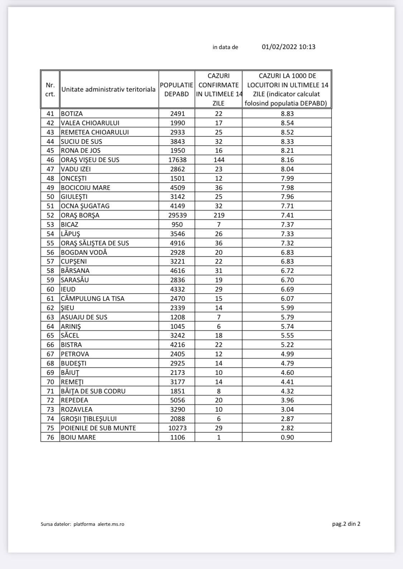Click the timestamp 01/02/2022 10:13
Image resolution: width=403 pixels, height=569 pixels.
288,47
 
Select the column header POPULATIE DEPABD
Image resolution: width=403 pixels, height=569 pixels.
177,89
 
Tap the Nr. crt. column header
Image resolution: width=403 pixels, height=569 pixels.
50,89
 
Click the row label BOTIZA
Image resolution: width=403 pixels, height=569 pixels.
72,114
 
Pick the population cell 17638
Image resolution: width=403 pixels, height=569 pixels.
177,160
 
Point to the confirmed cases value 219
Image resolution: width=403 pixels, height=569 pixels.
219,215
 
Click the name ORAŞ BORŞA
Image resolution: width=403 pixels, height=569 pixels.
80,215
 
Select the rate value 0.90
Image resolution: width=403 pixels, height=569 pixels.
287,437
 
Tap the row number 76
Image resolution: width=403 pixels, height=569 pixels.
50,437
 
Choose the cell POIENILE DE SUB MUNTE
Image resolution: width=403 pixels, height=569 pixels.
99,428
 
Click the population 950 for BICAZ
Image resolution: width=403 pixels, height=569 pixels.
177,225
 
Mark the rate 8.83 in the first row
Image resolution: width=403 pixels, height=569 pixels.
287,114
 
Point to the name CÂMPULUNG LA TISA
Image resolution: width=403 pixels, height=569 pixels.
93,299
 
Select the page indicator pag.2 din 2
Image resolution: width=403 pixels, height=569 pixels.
346,524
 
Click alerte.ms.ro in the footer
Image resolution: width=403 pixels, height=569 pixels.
111,524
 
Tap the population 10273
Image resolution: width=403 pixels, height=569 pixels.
177,428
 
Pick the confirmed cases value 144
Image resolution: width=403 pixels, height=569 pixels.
219,160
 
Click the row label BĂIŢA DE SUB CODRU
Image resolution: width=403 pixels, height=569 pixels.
93,391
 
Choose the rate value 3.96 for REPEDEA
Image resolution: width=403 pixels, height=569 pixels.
287,400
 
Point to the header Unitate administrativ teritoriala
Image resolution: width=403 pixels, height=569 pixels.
109,89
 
